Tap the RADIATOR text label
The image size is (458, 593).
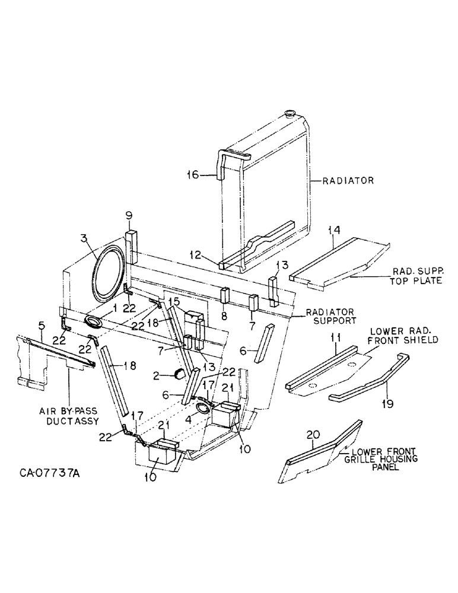click(x=348, y=181)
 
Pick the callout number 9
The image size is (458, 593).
click(x=129, y=215)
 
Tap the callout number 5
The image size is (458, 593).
click(x=42, y=326)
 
